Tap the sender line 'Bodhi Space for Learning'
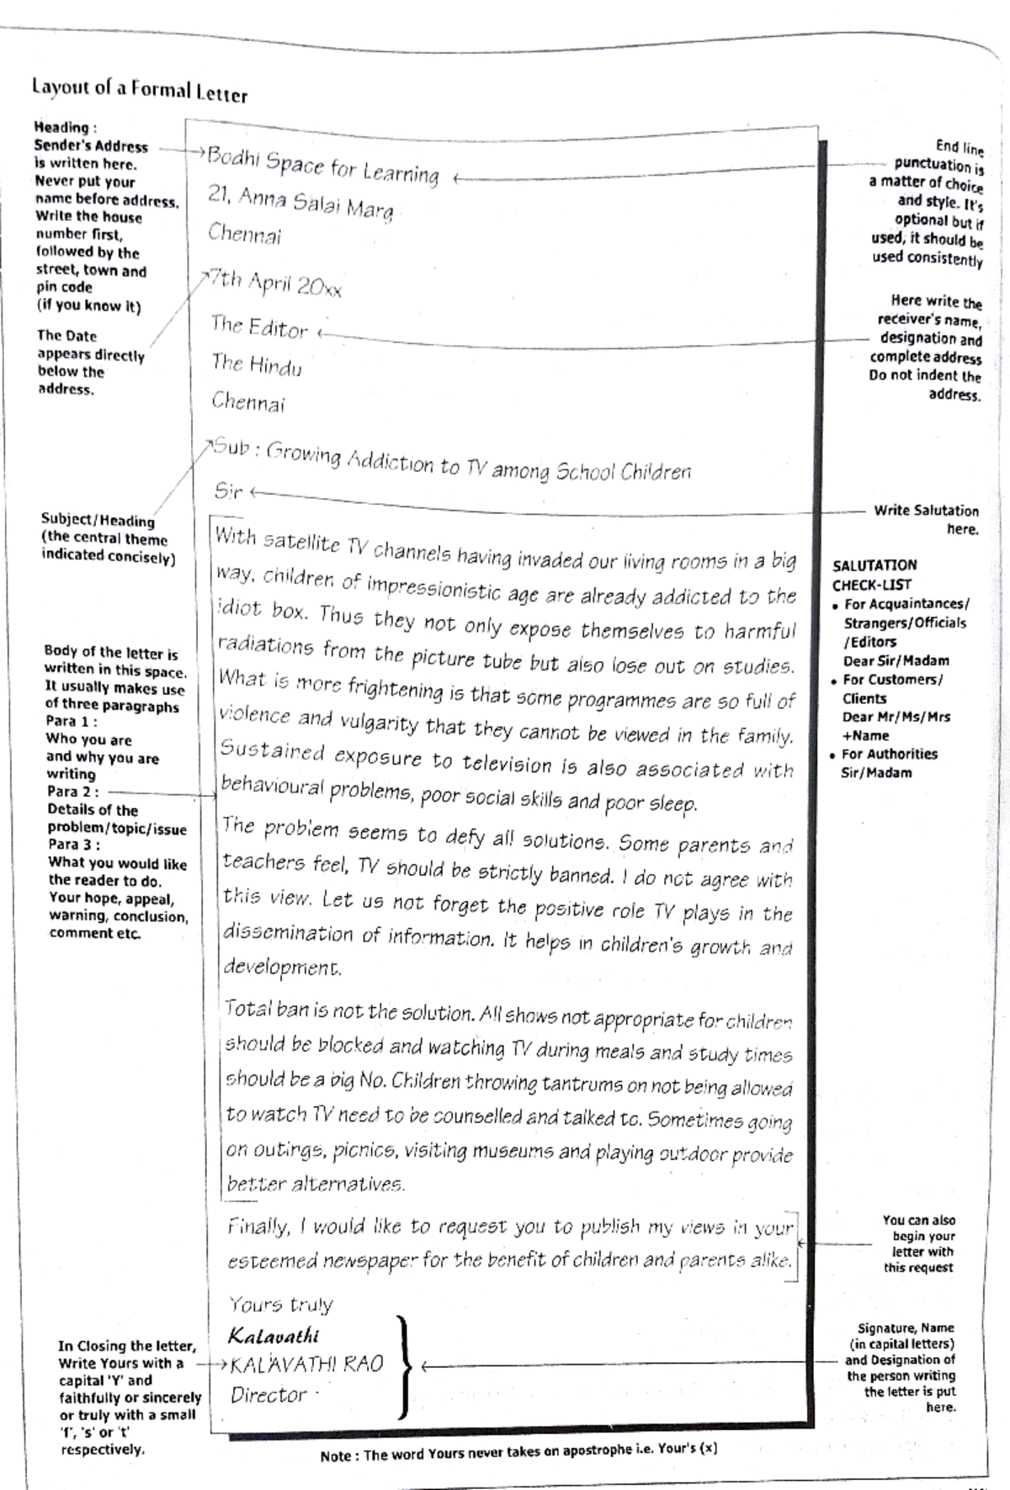pos(323,165)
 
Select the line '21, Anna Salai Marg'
pos(300,203)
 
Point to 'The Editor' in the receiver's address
pos(259,326)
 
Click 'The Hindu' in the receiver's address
pos(256,364)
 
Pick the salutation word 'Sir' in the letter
pos(228,490)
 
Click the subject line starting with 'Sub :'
pos(451,460)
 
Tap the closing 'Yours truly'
pos(280,1304)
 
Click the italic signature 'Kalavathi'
pos(274,1335)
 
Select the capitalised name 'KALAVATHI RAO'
pos(306,1364)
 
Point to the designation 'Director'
pos(268,1395)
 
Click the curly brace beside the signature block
pos(405,1367)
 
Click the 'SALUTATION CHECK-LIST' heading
pos(874,575)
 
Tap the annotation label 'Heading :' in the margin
pos(65,128)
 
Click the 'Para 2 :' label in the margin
pos(73,792)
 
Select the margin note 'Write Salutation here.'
pos(926,519)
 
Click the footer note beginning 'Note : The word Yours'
pos(518,1456)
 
